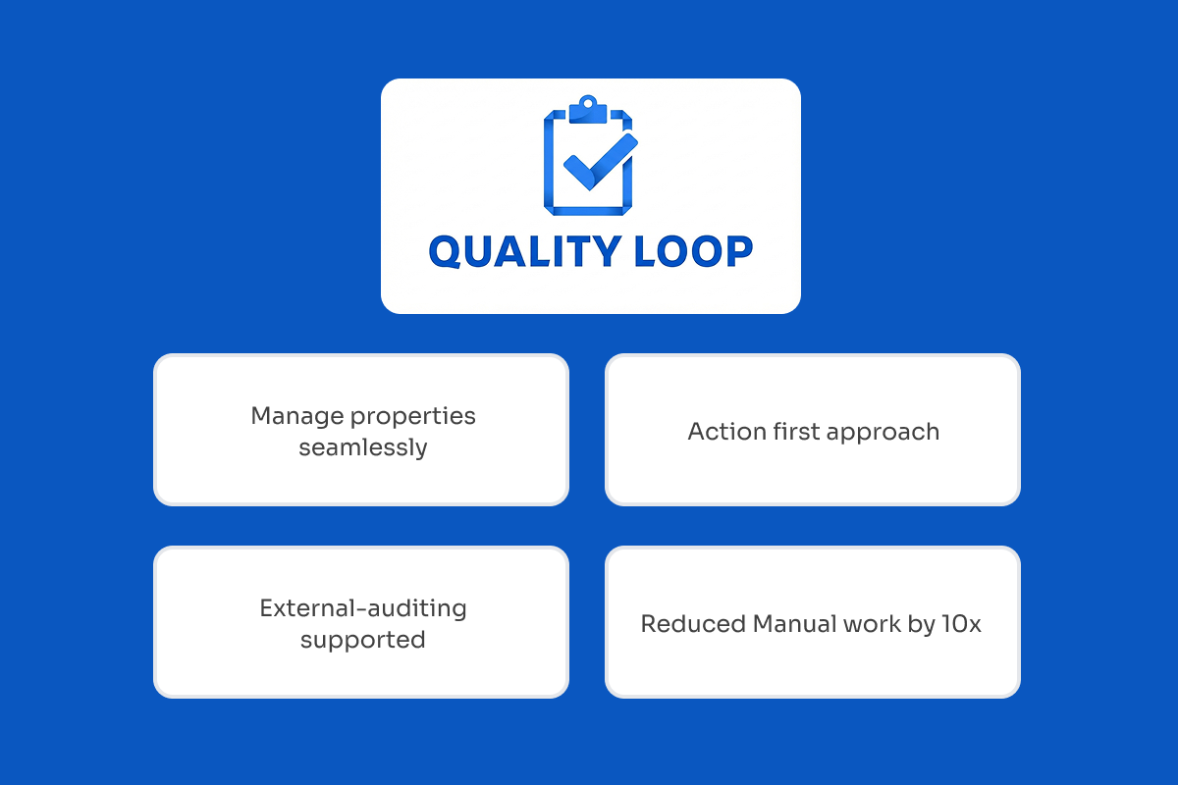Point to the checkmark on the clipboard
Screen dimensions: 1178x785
[598, 162]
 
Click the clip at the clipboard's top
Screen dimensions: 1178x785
[588, 106]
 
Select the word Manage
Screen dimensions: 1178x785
[288, 416]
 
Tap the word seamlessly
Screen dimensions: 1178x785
[362, 448]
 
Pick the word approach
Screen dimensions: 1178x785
[887, 433]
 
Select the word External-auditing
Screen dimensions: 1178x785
[362, 608]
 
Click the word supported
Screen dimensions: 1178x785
[362, 641]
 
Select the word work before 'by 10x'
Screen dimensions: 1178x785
[874, 624]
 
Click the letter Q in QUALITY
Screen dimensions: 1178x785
[448, 252]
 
